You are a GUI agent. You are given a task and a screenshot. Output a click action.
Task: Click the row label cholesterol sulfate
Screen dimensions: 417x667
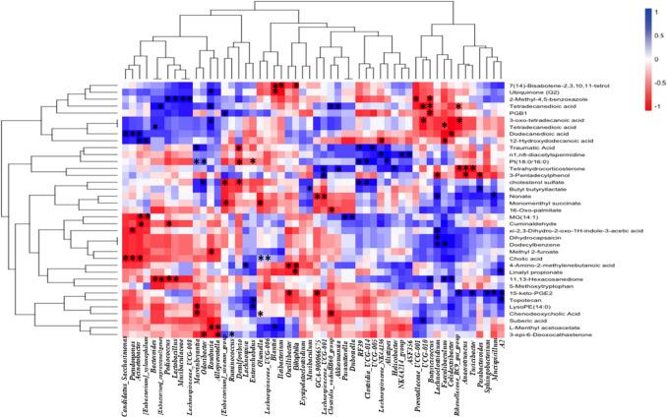pyautogui.click(x=546, y=183)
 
